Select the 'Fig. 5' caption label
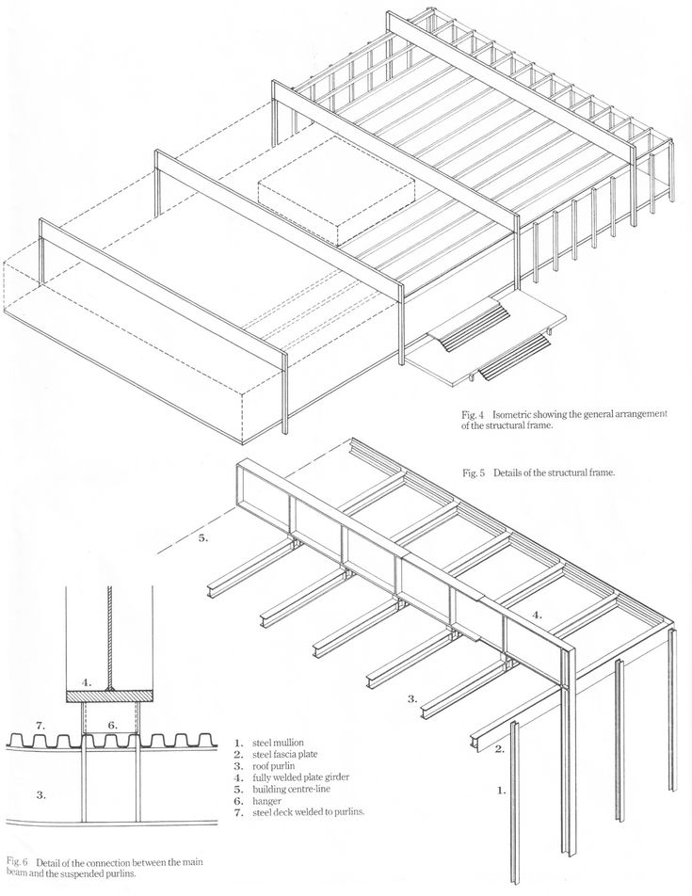pos(475,473)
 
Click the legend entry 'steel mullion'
pos(282,743)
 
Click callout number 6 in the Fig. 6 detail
pos(110,726)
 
